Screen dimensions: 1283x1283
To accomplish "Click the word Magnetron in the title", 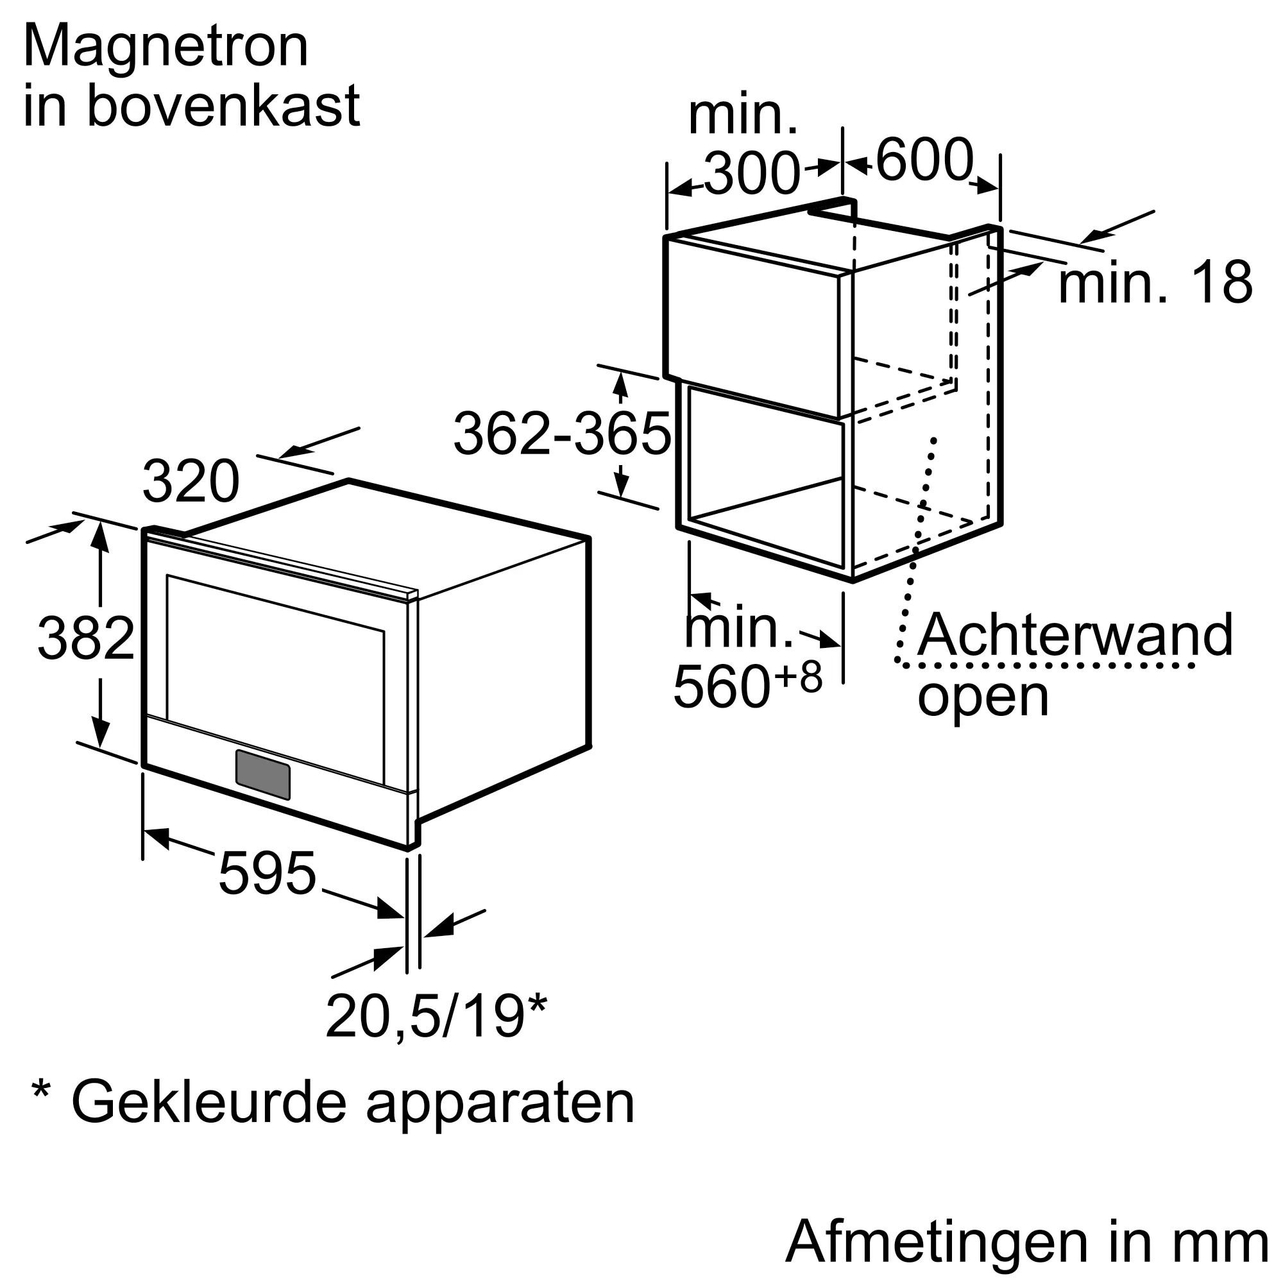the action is tap(166, 46).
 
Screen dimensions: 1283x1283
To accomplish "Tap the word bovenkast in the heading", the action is tap(223, 106).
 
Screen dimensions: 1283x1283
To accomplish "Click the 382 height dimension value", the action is tap(87, 639).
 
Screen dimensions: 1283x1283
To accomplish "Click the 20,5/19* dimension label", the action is tap(436, 1017).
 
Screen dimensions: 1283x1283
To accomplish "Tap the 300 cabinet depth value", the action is tap(752, 174).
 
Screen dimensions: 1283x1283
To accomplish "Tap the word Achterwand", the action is tap(1075, 636).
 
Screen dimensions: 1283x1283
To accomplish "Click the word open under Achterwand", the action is tap(983, 696).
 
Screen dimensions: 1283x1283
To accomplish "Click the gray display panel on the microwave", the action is tap(262, 774).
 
